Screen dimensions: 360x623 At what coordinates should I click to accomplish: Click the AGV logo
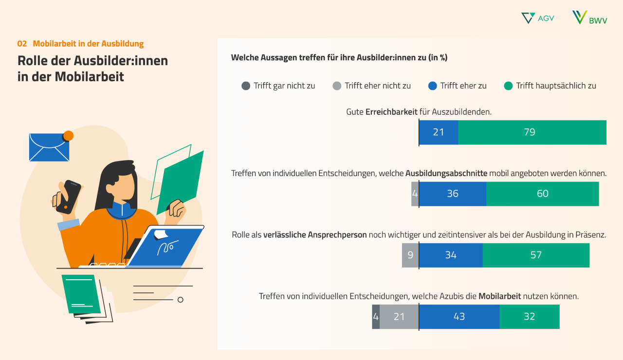point(537,18)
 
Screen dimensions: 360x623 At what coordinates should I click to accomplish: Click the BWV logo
point(589,18)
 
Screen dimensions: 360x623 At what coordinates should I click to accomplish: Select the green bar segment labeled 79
point(532,132)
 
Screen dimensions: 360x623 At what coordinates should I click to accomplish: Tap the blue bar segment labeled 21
point(439,132)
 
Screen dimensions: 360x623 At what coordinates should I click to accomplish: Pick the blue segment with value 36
point(453,194)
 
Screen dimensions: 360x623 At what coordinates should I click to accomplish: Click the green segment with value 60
point(542,194)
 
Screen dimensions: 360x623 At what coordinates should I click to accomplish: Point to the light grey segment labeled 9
point(410,255)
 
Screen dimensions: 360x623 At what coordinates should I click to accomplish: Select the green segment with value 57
point(536,255)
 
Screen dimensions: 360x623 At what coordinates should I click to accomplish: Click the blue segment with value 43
point(459,317)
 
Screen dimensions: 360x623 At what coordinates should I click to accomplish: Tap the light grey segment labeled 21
point(399,317)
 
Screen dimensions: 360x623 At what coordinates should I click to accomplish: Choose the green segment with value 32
point(530,317)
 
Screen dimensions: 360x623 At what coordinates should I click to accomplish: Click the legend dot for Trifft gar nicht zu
point(246,86)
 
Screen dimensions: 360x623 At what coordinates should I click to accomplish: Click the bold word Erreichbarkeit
point(391,111)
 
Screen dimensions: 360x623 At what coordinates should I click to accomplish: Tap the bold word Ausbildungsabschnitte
point(446,173)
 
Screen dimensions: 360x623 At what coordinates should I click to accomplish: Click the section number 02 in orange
point(22,44)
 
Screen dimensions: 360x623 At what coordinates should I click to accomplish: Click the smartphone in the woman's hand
point(68,196)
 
